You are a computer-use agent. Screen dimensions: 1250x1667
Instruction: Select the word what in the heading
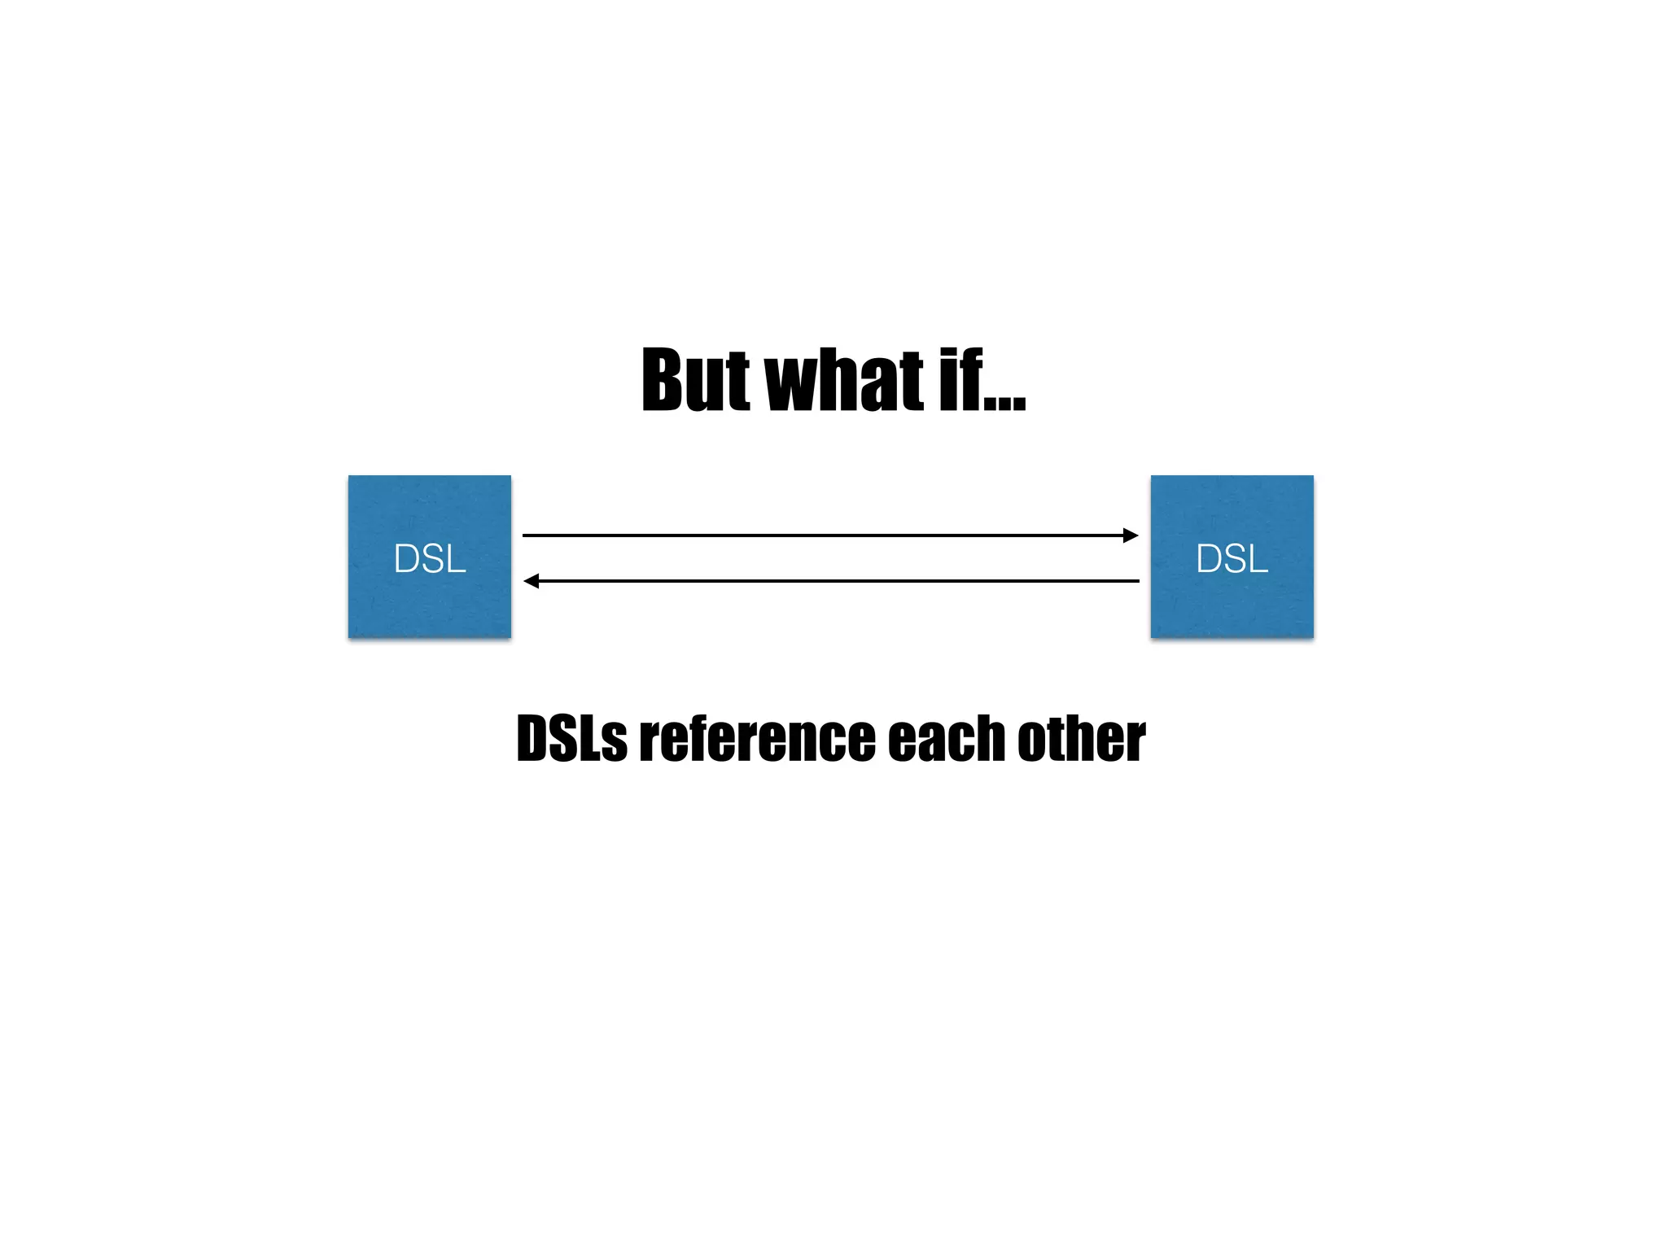[844, 380]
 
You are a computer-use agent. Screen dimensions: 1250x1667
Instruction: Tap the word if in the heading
[961, 380]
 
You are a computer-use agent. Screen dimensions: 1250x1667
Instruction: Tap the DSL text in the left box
[430, 559]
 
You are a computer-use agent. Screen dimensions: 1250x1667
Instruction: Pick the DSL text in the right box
[1232, 559]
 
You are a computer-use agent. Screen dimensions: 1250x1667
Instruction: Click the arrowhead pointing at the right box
[1131, 535]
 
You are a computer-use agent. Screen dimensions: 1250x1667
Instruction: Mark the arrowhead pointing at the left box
[532, 581]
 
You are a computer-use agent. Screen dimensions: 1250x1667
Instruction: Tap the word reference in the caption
[756, 739]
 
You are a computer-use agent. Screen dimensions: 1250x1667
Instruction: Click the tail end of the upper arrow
[525, 535]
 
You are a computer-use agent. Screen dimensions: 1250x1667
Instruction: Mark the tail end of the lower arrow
[1137, 581]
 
